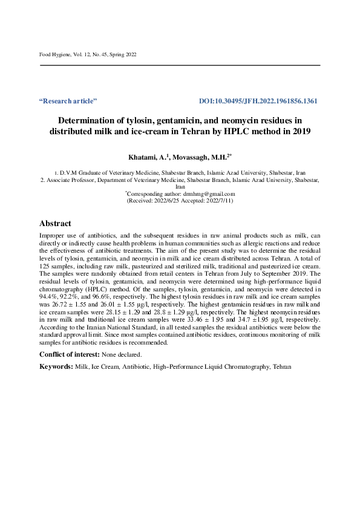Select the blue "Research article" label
68,101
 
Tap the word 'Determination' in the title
82,120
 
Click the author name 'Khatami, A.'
150,158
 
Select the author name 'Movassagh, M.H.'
200,158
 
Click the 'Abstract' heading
55,223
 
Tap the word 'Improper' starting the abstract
51,235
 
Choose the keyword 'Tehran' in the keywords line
282,366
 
